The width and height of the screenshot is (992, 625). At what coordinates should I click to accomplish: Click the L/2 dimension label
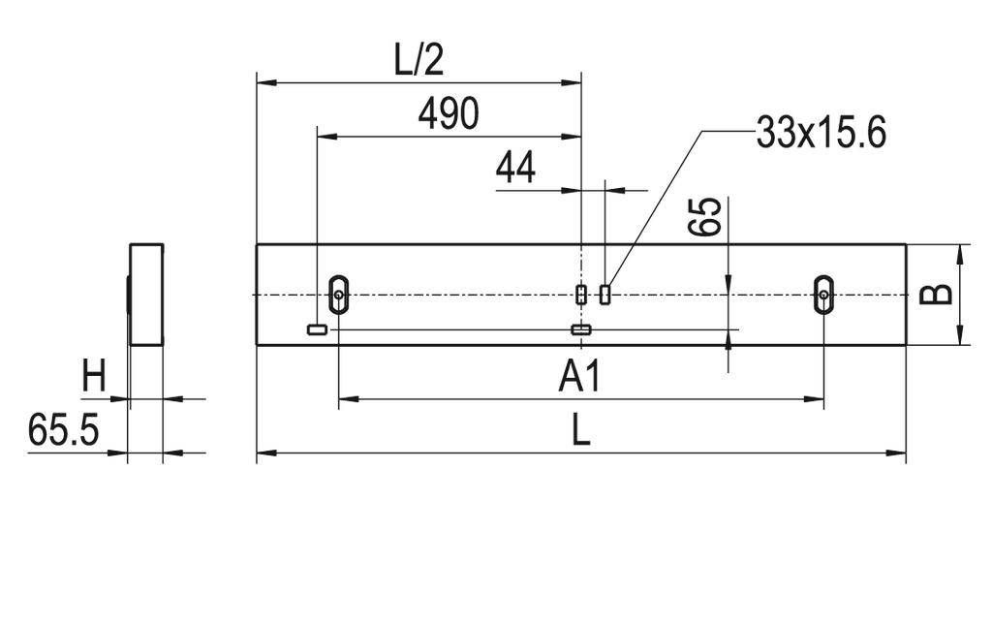[x=418, y=60]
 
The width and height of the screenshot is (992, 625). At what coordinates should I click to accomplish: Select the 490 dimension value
[x=448, y=114]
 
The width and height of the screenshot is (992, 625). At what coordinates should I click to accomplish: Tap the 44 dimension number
[x=515, y=169]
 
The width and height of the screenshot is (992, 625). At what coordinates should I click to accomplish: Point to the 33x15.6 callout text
[x=821, y=134]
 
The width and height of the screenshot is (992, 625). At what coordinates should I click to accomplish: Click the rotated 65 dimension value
[x=706, y=217]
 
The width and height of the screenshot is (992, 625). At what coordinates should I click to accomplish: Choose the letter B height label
[x=936, y=295]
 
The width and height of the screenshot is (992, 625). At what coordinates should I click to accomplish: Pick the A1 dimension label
[x=579, y=377]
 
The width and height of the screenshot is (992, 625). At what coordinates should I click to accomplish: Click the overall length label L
[x=579, y=430]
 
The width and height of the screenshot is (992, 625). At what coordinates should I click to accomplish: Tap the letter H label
[x=93, y=376]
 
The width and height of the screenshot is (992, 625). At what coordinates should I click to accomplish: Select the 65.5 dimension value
[x=63, y=430]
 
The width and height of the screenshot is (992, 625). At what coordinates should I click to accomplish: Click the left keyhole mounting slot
[x=338, y=294]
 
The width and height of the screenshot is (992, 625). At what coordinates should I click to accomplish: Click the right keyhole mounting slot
[x=822, y=294]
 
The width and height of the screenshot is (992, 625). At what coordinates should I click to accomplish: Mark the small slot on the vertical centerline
[x=581, y=295]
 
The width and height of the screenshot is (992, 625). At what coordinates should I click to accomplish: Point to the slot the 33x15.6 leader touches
[x=605, y=295]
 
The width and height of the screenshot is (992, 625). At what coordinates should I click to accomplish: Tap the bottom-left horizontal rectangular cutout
[x=317, y=329]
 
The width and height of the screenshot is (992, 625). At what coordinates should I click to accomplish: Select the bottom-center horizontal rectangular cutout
[x=581, y=329]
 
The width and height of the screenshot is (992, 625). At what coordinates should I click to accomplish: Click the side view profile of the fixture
[x=146, y=295]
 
